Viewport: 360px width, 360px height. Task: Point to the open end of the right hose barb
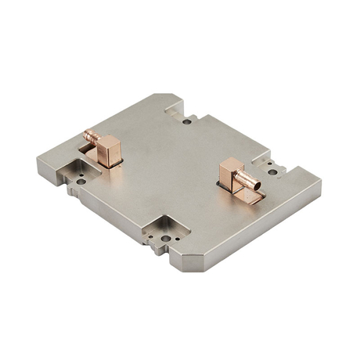coord(257,185)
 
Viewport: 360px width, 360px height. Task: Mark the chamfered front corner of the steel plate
coord(188,261)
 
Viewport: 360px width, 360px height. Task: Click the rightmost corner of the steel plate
coord(320,186)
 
